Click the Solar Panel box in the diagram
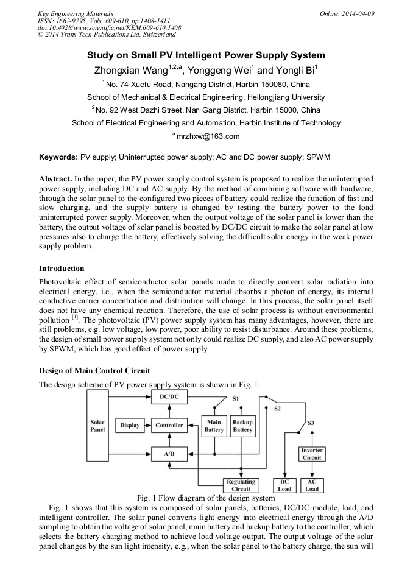pos(97,425)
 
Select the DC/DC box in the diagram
pos(169,396)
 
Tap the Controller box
pos(169,425)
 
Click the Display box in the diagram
pos(130,425)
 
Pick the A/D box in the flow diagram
pos(169,454)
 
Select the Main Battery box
pos(214,426)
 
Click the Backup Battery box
pos(242,426)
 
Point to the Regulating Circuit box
pos(241,485)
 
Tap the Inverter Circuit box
pos(311,454)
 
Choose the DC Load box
pos(284,485)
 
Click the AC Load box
pos(311,485)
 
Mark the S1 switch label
pos(236,399)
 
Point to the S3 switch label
pos(311,422)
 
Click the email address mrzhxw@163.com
pos(207,136)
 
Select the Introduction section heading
pos(62,269)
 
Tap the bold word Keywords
pos(58,157)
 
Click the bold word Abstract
pos(55,180)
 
